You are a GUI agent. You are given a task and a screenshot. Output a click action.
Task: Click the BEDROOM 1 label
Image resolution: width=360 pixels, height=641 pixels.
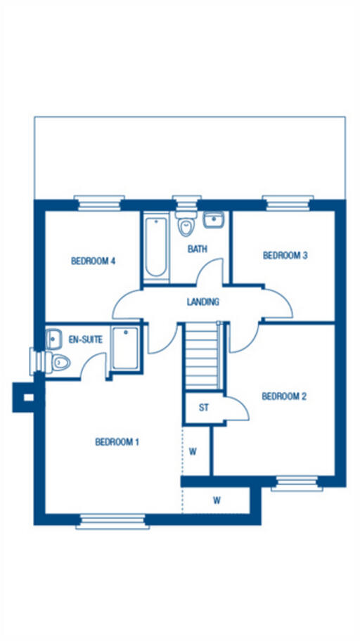[x=117, y=442]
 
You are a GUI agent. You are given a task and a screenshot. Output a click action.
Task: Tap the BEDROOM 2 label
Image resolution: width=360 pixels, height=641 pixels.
[x=284, y=396]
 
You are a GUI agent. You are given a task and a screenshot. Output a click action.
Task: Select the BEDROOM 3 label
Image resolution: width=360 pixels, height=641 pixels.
[x=285, y=256]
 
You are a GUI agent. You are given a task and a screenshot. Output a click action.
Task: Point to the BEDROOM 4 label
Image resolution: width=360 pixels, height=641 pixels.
[x=93, y=261]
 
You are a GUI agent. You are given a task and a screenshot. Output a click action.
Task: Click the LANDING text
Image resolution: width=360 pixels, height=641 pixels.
[x=203, y=302]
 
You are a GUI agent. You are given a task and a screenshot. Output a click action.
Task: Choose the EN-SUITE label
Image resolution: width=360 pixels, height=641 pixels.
[x=85, y=339]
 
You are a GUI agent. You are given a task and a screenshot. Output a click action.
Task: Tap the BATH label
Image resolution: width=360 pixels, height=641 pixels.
[x=196, y=249]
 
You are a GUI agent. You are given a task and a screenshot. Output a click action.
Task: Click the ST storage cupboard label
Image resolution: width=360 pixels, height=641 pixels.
[x=204, y=408]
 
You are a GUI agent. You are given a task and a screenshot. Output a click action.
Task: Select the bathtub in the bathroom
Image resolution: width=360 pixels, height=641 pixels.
[x=155, y=247]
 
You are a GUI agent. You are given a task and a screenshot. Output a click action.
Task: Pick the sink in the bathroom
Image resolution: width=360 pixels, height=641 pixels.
[x=214, y=220]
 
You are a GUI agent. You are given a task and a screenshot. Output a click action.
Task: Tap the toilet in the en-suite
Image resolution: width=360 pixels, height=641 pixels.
[x=58, y=362]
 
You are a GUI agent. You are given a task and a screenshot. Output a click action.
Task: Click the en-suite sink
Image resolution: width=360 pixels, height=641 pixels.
[x=53, y=339]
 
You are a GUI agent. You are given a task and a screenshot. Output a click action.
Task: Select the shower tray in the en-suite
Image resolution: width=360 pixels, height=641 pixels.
[x=125, y=348]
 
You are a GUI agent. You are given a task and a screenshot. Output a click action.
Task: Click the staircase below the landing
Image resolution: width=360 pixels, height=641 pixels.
[x=202, y=355]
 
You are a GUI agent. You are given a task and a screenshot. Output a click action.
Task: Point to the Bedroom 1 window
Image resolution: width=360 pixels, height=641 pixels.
[x=111, y=521]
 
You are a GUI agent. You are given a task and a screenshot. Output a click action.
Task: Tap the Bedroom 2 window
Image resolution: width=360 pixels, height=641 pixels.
[x=297, y=483]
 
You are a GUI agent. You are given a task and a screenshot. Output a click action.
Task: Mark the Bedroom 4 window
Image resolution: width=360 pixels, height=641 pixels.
[x=99, y=203]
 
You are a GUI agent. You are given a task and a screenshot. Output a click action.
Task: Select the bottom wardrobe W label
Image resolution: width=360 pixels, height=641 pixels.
[x=217, y=501]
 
